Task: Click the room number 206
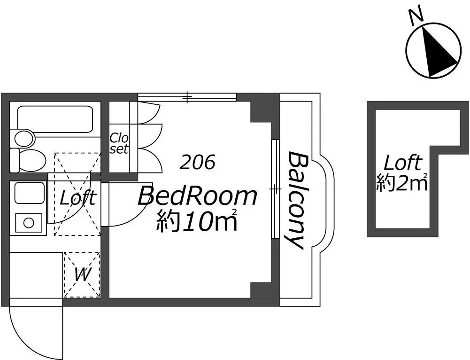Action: pyautogui.click(x=197, y=162)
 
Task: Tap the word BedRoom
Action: pyautogui.click(x=197, y=196)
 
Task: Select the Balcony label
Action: pyautogui.click(x=295, y=200)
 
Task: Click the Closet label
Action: pyautogui.click(x=119, y=143)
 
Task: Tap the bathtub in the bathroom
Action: pyautogui.click(x=54, y=119)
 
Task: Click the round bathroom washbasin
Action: pyautogui.click(x=24, y=139)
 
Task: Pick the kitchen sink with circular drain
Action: pyautogui.click(x=29, y=223)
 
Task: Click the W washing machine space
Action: pyautogui.click(x=82, y=275)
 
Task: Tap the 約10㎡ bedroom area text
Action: pyautogui.click(x=197, y=220)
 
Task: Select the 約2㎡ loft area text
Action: pyautogui.click(x=401, y=182)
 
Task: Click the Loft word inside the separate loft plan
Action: pyautogui.click(x=403, y=163)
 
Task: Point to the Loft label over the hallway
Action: pyautogui.click(x=78, y=198)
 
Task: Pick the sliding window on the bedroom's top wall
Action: pyautogui.click(x=187, y=97)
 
